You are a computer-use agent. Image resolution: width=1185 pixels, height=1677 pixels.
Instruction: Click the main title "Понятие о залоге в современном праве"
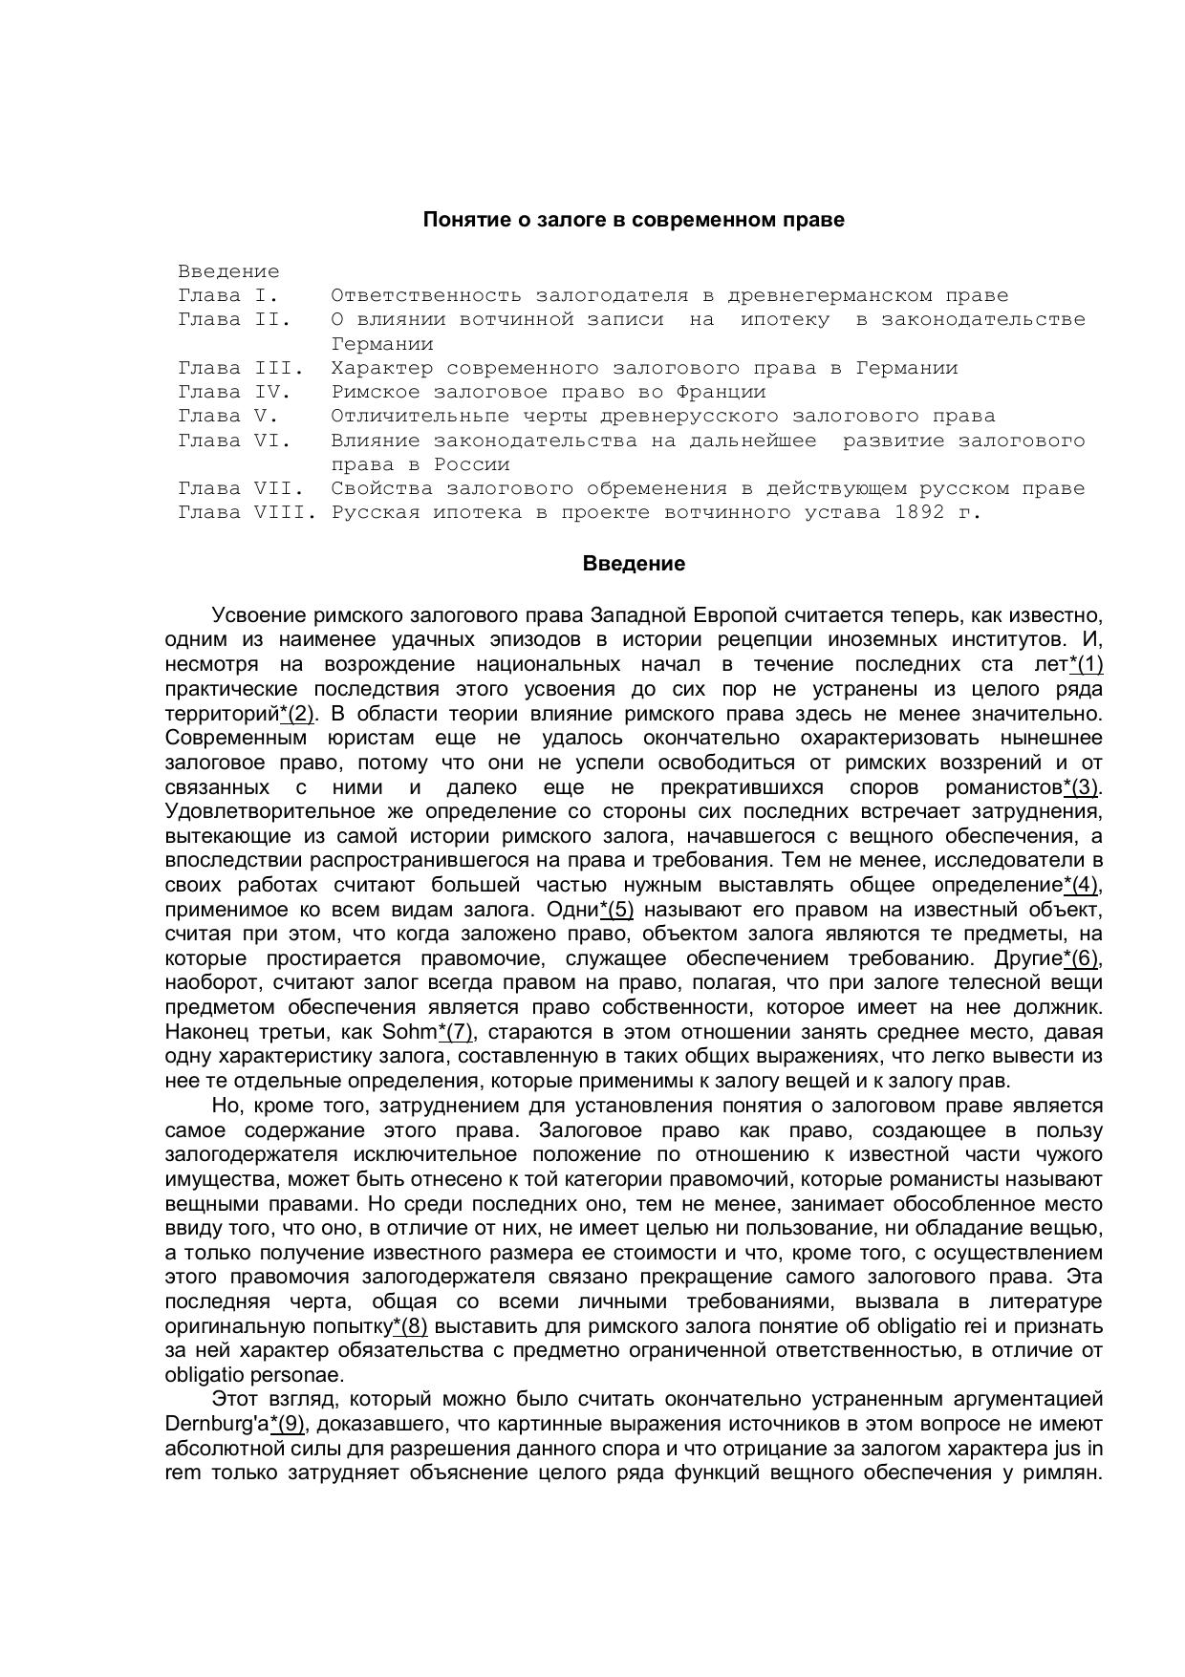pos(634,220)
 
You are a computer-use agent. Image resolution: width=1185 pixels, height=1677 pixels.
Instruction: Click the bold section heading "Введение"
pos(634,564)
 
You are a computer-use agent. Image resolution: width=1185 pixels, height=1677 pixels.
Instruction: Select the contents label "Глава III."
pos(240,368)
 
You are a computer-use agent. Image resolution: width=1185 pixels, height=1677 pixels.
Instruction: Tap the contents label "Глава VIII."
pos(246,512)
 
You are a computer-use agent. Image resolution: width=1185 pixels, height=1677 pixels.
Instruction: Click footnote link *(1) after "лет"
pos(1086,665)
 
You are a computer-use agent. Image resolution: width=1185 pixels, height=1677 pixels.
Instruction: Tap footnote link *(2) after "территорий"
pos(297,714)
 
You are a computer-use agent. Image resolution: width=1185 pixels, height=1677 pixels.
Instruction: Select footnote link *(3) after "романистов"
pos(1081,787)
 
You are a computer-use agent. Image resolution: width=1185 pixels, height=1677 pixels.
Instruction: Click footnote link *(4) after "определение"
pos(1081,885)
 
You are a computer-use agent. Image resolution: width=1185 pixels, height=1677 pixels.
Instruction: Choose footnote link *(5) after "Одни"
pos(616,910)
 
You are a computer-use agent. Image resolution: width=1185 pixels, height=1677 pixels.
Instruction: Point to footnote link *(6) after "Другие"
pos(1081,958)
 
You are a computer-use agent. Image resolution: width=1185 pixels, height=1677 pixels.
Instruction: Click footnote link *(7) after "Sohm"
pos(455,1032)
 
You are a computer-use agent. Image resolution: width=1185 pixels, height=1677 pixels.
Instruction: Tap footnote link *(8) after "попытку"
pos(410,1326)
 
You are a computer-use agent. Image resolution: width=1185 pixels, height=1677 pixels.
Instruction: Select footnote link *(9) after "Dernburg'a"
pos(287,1424)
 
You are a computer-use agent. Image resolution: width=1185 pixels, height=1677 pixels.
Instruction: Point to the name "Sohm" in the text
pos(409,1032)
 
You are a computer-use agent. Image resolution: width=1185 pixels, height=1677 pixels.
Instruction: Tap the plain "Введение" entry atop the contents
pos(228,271)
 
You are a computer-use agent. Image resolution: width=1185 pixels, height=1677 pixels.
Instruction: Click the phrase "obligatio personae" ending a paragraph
pos(253,1375)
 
